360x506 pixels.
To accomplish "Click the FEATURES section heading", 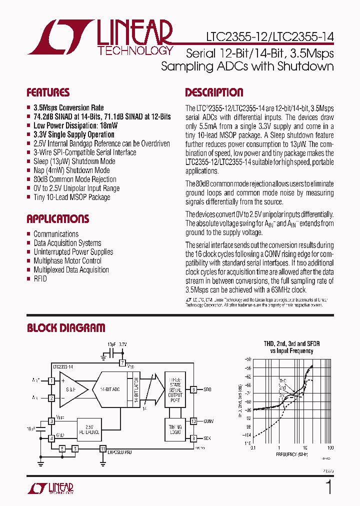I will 48,92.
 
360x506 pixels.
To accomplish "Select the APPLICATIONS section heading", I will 57,219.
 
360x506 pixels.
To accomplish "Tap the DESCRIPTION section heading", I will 214,92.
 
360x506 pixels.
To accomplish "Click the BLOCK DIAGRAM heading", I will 66,328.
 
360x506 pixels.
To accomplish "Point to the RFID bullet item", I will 40,279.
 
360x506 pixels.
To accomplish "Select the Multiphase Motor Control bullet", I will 67,261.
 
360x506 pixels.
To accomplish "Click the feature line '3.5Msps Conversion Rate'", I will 68,108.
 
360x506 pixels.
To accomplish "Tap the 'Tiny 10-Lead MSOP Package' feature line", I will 71,197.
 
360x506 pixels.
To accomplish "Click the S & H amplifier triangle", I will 71,388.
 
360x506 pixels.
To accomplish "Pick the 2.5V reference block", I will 89,429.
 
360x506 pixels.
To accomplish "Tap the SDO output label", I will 207,389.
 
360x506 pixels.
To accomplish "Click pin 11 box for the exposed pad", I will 102,448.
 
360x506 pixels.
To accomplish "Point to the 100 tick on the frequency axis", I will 330,448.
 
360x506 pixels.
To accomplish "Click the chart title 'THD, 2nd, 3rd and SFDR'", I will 291,344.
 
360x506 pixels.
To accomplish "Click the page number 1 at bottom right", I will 328,486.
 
